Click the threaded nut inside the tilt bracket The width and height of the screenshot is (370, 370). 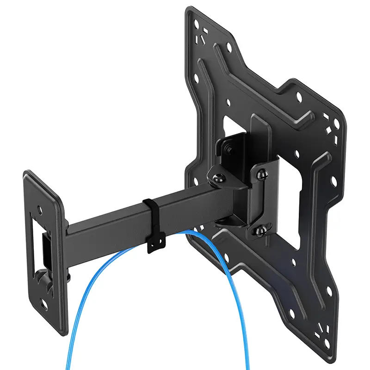coord(228,149)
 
